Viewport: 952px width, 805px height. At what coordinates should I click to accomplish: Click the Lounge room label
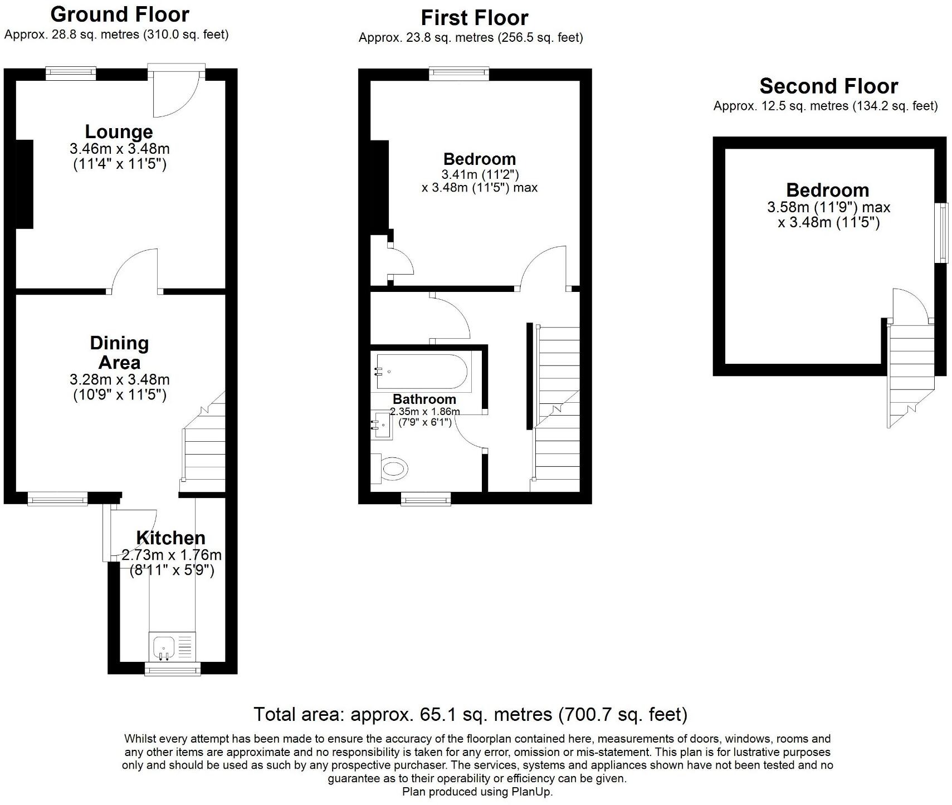pos(119,132)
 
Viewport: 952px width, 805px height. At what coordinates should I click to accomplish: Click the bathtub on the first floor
pos(423,372)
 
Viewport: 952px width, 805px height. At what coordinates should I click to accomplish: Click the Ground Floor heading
pos(120,14)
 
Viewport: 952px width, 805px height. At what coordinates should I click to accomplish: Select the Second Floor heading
pos(828,86)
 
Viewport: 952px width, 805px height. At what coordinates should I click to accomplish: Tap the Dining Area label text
pos(119,353)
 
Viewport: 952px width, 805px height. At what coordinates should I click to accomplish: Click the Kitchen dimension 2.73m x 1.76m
pos(172,555)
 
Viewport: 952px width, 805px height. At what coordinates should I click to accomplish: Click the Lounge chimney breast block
pos(25,184)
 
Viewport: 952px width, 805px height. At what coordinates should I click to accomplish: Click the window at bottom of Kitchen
pos(172,669)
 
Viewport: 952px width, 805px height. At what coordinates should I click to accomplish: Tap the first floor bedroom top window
pos(459,74)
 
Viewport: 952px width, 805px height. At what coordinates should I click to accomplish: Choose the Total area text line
pos(470,714)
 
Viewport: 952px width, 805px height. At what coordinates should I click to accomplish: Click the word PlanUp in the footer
pos(533,792)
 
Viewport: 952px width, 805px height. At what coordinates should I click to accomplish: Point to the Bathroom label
pos(424,399)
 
